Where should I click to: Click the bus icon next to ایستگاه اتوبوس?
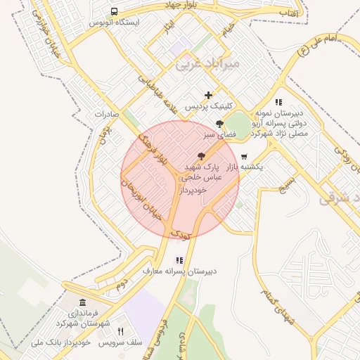114,12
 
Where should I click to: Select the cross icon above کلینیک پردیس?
208,95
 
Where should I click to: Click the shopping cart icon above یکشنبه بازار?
244,156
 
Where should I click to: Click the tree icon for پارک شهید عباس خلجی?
202,156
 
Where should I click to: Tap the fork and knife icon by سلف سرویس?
120,332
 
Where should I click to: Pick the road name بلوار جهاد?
193,6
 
